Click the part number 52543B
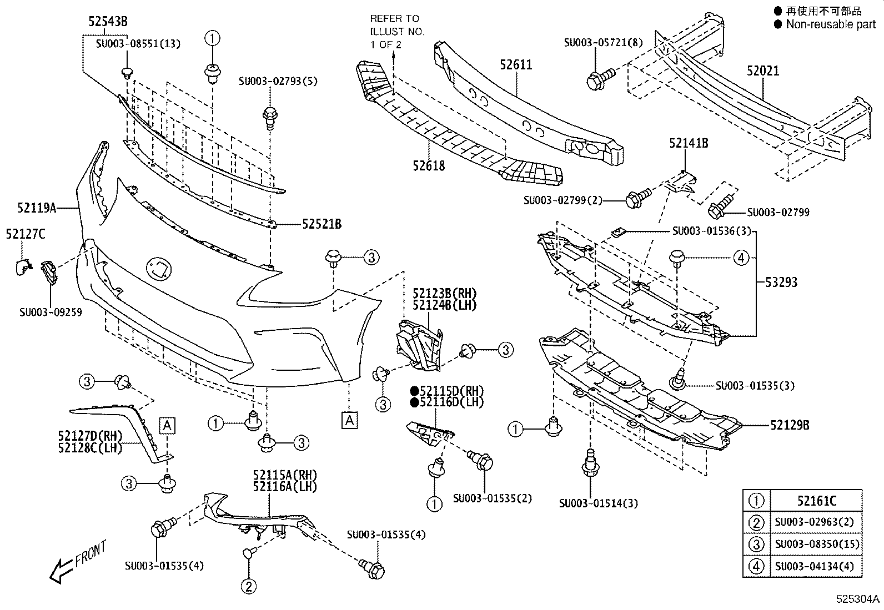pos(108,22)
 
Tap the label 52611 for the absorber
pos(515,65)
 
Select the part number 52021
pos(762,71)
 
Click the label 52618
pos(428,165)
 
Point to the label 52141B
pos(688,143)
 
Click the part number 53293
pos(781,282)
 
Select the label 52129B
pos(789,425)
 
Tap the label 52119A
pos(37,208)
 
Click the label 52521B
pos(322,224)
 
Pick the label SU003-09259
pos(51,312)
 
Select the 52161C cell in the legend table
pos(816,501)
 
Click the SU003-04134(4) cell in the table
pos(816,566)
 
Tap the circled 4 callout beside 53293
pos(741,258)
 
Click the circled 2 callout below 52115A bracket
pos(248,586)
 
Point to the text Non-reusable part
pos(830,24)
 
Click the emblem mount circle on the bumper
pos(159,270)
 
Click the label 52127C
pos(26,234)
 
